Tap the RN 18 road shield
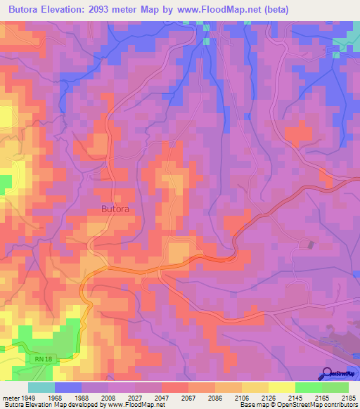43,359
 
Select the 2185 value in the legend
349,397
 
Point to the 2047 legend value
162,397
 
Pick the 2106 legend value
241,397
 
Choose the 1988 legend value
82,397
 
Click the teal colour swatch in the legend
41,387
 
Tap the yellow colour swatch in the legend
281,387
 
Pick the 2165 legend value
322,397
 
